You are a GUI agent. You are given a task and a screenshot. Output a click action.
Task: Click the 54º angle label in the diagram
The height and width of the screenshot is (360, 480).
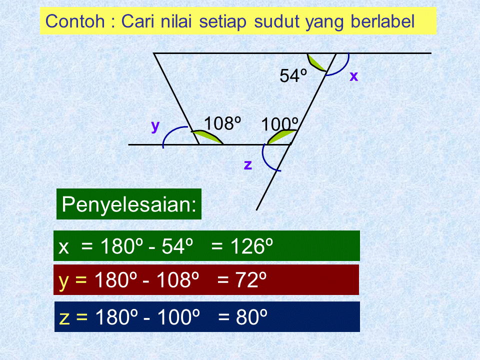click(x=293, y=76)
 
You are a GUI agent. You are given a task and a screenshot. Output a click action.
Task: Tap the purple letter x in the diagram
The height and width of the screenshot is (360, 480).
click(x=354, y=76)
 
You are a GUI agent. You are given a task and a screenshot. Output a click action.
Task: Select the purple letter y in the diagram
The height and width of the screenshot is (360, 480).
click(x=155, y=126)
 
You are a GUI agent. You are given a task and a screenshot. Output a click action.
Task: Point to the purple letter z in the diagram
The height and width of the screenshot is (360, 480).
click(x=247, y=164)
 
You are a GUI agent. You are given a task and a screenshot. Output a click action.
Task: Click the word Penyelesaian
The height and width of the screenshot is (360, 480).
click(x=129, y=204)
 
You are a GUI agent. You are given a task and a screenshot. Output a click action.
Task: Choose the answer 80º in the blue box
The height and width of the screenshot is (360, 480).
click(x=252, y=317)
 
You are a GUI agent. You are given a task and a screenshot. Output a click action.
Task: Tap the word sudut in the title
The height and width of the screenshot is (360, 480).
click(x=275, y=21)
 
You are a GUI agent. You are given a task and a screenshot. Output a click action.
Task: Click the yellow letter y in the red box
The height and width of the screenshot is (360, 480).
click(x=63, y=281)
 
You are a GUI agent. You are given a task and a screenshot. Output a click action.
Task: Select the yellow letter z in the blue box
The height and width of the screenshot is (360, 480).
click(x=63, y=317)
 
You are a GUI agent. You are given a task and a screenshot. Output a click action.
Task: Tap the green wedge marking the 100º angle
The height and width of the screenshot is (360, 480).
click(x=281, y=137)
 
